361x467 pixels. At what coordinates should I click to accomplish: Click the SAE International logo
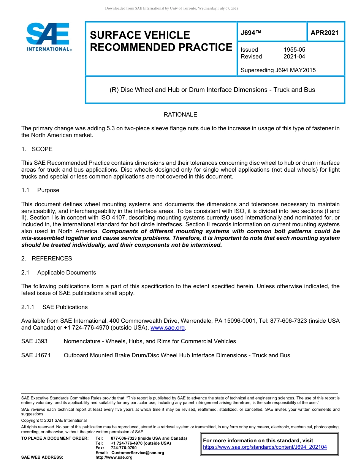tap(48, 37)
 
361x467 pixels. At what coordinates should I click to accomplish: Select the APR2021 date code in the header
tap(324, 33)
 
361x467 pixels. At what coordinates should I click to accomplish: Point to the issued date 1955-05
tap(294, 50)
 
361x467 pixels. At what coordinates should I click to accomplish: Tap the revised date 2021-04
tap(294, 57)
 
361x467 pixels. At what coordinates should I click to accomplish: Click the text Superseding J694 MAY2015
tap(278, 70)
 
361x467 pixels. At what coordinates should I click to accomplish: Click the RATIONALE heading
tap(180, 115)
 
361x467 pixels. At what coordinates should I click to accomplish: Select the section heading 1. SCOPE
tap(37, 149)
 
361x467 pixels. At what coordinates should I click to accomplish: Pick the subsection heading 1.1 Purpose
tap(40, 190)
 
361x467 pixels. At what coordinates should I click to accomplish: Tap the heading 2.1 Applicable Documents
tap(59, 273)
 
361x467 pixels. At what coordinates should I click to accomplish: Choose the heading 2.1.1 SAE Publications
tap(54, 307)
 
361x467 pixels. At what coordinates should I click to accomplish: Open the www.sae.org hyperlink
tap(168, 328)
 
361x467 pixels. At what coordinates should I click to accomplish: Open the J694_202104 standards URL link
tap(265, 447)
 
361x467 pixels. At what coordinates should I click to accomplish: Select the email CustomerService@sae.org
tap(138, 453)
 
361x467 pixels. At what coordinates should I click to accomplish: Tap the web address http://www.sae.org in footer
tap(114, 458)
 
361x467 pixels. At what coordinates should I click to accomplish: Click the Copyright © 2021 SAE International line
tap(54, 421)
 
